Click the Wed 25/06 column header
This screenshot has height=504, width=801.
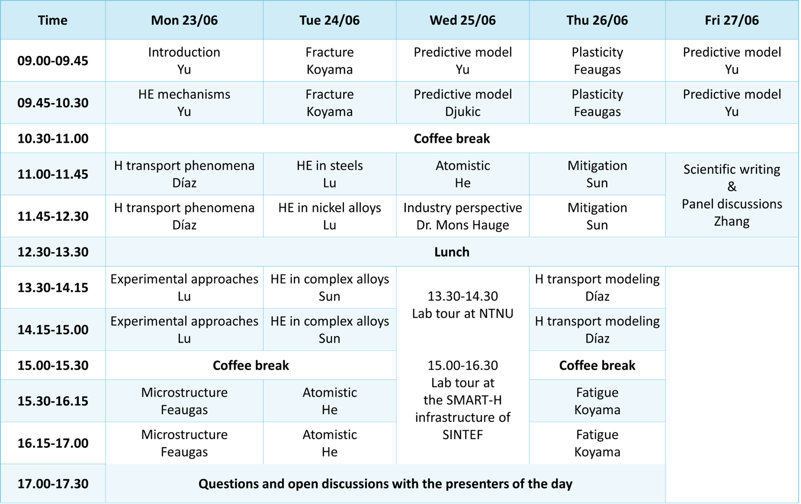click(x=463, y=20)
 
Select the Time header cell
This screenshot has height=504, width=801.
click(x=52, y=20)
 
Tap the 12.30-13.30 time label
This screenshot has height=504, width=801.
click(x=52, y=252)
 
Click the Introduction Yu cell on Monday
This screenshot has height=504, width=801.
click(x=184, y=61)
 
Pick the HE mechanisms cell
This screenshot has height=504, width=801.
click(x=184, y=103)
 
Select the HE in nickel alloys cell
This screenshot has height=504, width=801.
click(x=329, y=216)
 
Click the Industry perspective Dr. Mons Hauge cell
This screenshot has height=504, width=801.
click(x=463, y=216)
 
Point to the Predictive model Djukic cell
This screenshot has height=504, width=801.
click(x=463, y=103)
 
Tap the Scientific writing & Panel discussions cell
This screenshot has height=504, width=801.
click(x=731, y=195)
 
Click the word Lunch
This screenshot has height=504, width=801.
click(x=452, y=252)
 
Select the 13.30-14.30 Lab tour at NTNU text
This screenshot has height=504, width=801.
click(x=463, y=305)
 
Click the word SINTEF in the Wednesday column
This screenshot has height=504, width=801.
click(x=463, y=435)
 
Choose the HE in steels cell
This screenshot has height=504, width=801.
click(x=329, y=174)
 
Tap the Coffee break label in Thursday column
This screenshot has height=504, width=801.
click(x=597, y=366)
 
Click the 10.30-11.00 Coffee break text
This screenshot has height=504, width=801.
click(x=452, y=138)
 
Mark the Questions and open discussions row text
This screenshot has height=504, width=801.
click(x=385, y=484)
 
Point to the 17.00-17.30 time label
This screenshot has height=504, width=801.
click(x=52, y=484)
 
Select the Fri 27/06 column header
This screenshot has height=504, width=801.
click(x=731, y=20)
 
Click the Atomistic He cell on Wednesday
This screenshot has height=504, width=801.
click(x=463, y=174)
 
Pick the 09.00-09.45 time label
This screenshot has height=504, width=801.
click(x=52, y=61)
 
